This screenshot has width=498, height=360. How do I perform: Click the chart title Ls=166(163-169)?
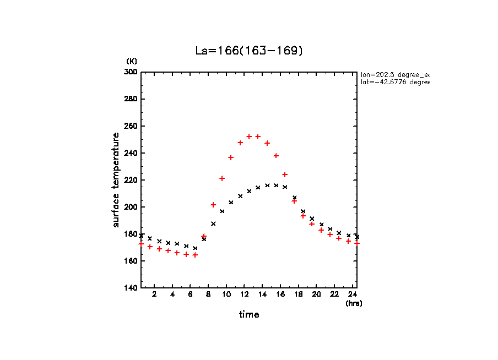point(249,51)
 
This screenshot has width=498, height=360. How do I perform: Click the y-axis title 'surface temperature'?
point(116,180)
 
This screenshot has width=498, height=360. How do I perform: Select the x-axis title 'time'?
point(249,314)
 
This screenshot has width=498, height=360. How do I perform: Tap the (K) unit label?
point(132,61)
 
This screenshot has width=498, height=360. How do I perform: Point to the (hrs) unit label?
point(354,303)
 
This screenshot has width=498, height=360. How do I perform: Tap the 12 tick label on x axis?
point(244,294)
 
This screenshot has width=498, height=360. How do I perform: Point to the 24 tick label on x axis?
point(352,294)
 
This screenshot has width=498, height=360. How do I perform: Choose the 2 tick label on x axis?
point(154,294)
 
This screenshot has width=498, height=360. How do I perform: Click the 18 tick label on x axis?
point(298,294)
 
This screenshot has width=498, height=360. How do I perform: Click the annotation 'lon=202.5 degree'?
point(394,74)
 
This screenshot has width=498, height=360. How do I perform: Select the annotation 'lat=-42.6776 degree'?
point(394,82)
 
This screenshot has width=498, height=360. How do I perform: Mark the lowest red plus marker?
point(195,255)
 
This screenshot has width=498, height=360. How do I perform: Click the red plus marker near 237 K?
point(231,157)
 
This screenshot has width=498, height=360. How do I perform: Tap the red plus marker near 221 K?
point(222,178)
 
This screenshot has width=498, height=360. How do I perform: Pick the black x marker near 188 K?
point(213,223)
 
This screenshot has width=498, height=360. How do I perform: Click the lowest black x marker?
point(195,248)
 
